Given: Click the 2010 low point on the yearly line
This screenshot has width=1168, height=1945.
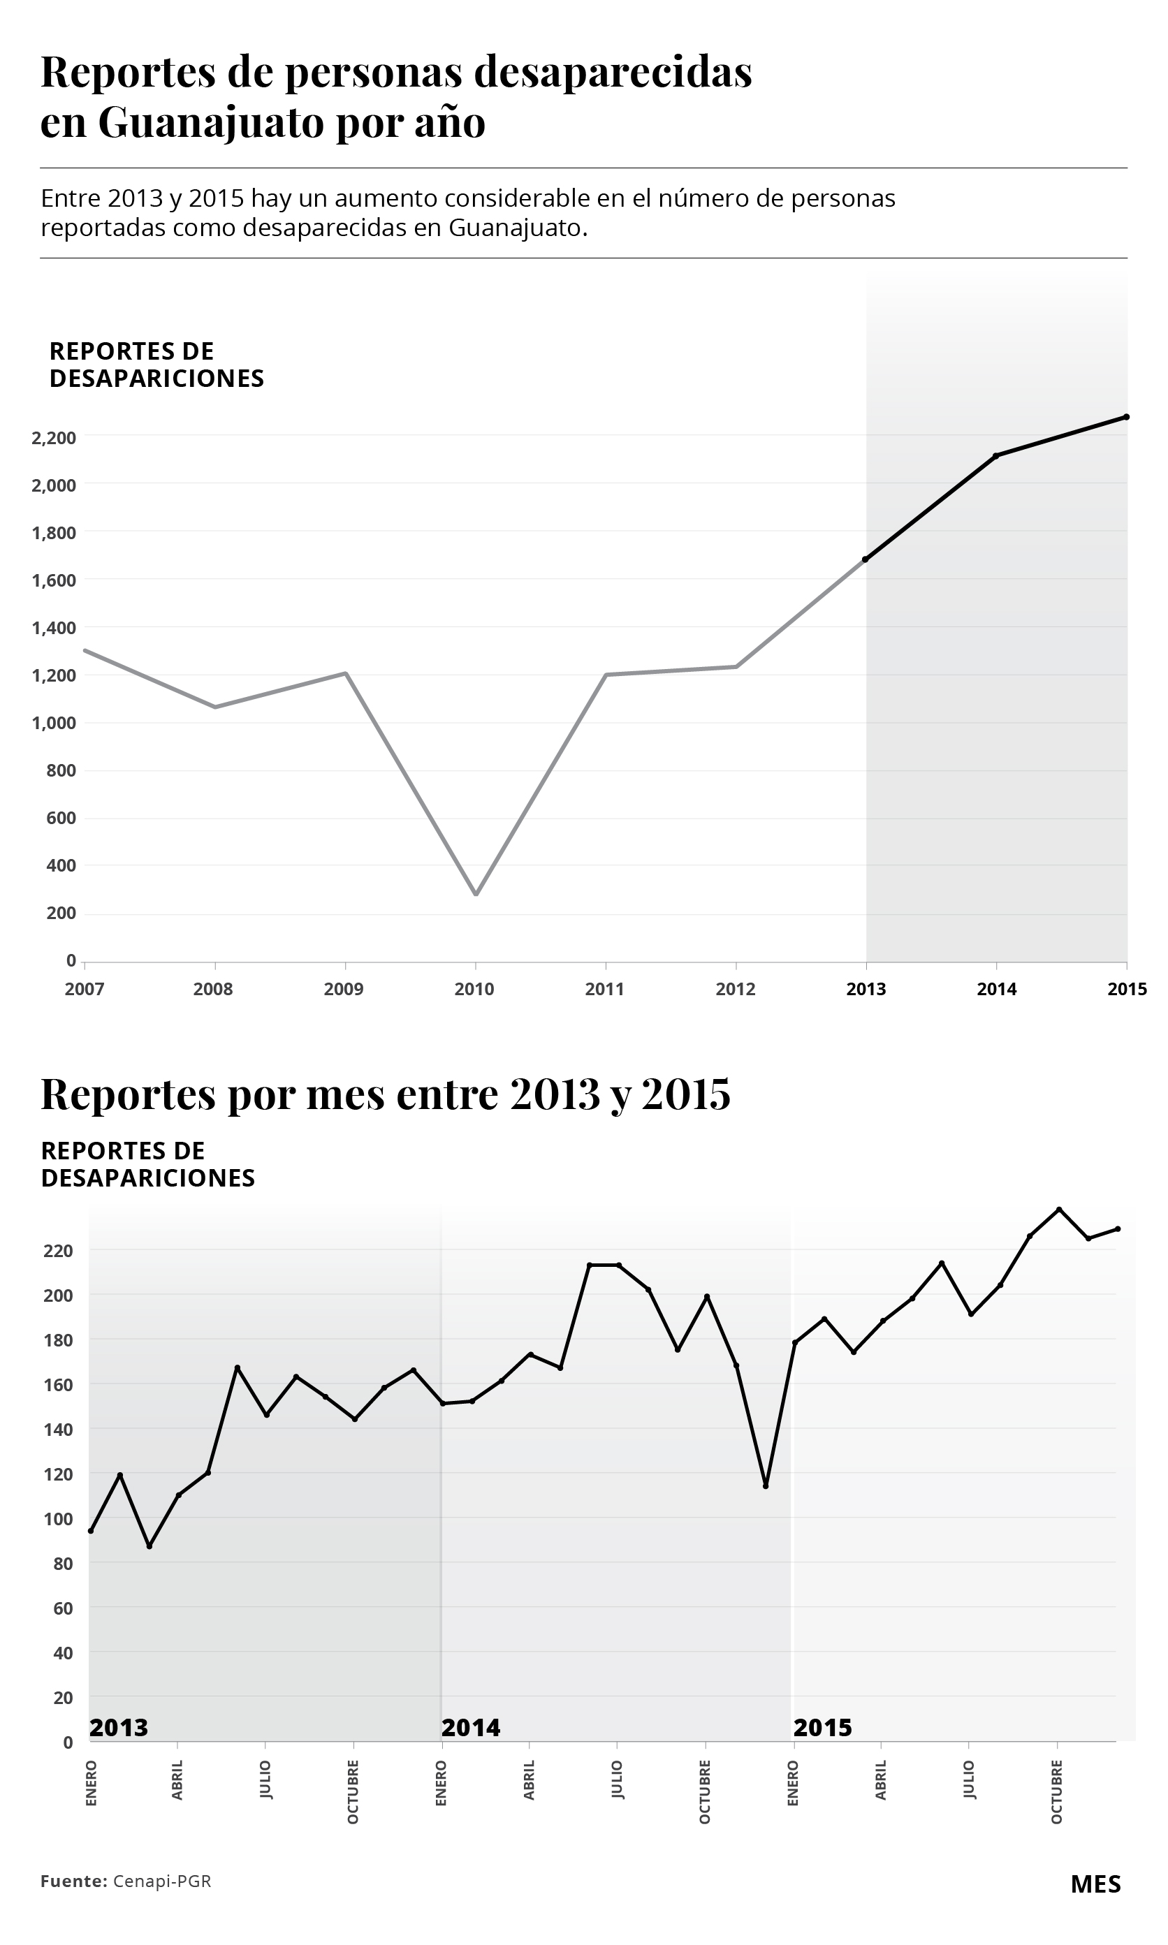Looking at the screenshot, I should point(476,894).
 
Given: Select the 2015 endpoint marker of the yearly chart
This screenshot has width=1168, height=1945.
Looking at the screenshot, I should point(1126,417).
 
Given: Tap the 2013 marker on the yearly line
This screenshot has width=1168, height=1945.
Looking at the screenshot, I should point(865,559).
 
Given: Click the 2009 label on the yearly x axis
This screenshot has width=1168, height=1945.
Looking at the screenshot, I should point(344,989).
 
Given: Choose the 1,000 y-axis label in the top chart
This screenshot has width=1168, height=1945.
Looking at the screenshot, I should point(54,723).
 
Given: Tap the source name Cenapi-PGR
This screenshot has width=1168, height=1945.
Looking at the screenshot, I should point(162,1881).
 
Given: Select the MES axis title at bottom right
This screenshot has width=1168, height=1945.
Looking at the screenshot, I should point(1095,1884).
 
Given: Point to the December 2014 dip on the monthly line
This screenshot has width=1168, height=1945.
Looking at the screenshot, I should point(765,1485).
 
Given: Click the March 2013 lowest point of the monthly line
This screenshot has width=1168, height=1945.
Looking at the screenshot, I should point(149,1546).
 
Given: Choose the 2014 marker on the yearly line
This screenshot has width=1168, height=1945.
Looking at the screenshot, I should point(995,455).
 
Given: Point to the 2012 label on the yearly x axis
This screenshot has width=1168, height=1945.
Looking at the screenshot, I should point(735,989).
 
